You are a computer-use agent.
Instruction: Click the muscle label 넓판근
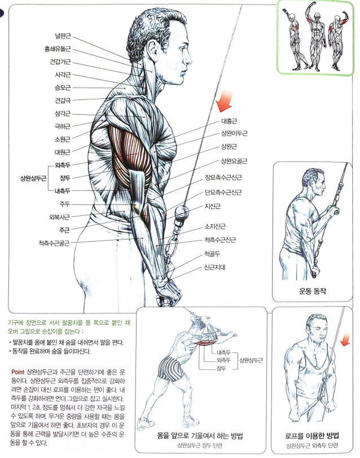point(63,36)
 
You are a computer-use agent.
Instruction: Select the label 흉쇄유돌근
point(58,49)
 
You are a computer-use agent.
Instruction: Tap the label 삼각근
point(63,114)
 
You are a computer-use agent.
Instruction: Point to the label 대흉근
point(229,121)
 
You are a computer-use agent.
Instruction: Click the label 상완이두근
point(234,133)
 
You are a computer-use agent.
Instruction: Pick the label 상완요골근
point(234,161)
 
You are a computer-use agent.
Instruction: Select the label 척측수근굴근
point(54,243)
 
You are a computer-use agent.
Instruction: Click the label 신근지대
point(215,267)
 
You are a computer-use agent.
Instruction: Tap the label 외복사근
point(59,217)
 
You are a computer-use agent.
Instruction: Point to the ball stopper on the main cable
point(182,212)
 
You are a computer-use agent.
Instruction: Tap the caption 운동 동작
point(313,291)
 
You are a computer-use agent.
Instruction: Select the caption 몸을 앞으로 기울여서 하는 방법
point(200,435)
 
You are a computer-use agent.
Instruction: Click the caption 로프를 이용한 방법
point(312,435)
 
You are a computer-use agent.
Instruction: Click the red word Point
point(17,372)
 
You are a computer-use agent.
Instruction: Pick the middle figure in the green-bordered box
point(317,37)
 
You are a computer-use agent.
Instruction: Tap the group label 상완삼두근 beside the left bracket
point(33,178)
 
